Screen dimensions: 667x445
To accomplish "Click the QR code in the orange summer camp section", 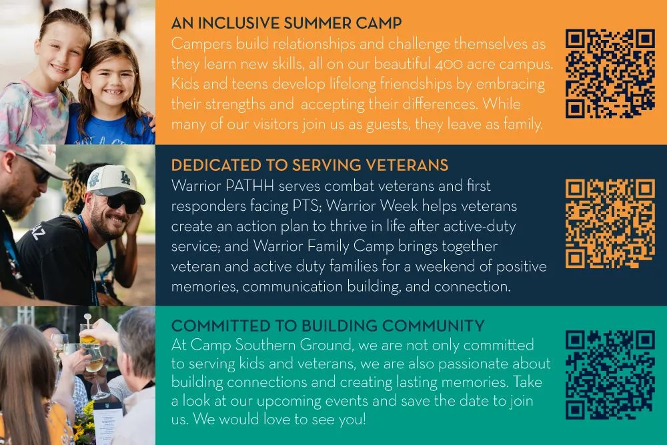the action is pos(610,73).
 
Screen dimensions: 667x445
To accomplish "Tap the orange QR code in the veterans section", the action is pos(610,224).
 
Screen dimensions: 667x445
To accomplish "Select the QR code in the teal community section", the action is pos(610,375).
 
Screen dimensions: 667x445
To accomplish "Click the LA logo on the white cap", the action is pos(125,177).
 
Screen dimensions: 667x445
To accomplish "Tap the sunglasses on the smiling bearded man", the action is pos(123,203).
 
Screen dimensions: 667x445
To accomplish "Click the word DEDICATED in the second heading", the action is pos(216,165).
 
